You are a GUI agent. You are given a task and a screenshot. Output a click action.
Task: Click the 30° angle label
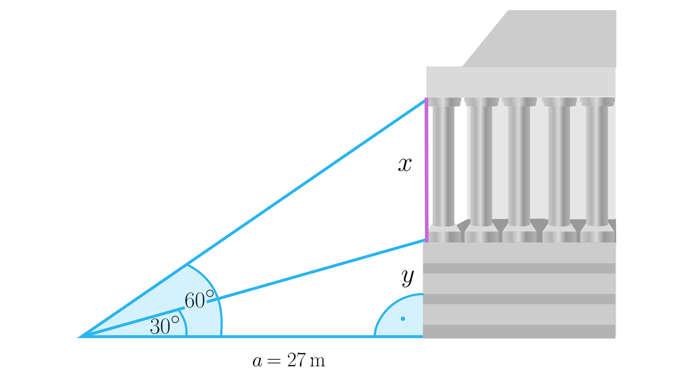coord(164,326)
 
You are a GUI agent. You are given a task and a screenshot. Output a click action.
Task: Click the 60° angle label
coord(199,300)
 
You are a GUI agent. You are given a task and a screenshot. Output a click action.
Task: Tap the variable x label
coord(405,165)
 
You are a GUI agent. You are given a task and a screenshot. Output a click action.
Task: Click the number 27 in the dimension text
coord(297,360)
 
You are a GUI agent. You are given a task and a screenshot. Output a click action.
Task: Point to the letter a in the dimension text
coord(257,361)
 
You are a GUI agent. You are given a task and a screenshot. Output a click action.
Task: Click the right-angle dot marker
coord(403,319)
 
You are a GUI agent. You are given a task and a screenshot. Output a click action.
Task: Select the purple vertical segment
coord(426,171)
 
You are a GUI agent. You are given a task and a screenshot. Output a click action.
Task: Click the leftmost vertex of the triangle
coord(81,336)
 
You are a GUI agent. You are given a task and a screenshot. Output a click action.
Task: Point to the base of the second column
coord(481,234)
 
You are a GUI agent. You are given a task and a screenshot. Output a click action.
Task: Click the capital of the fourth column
coord(559,102)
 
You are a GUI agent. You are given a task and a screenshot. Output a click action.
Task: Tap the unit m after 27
coord(317,361)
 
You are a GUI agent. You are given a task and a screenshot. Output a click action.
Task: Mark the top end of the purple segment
coord(426,99)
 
